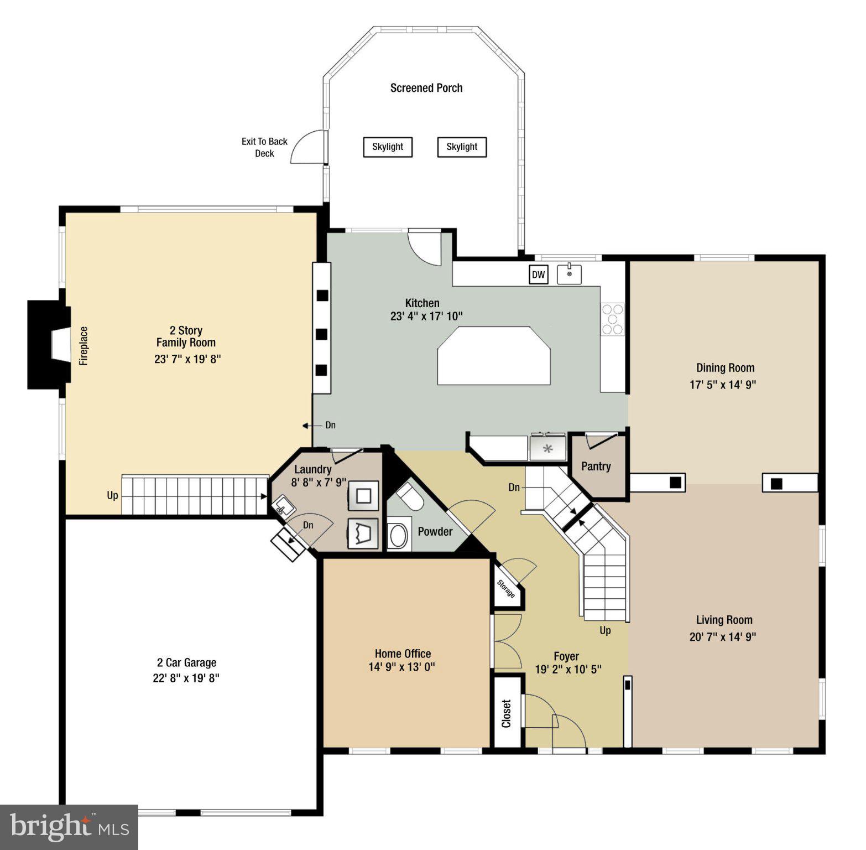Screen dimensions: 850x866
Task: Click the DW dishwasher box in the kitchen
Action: [x=538, y=274]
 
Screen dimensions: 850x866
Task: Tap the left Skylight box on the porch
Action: [x=388, y=147]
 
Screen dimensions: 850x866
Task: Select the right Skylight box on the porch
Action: [x=462, y=147]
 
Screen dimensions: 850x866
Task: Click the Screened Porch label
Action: [x=426, y=88]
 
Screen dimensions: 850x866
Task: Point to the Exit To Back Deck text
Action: [x=264, y=147]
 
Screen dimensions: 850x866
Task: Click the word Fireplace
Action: [x=84, y=346]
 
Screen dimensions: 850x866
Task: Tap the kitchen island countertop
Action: [x=494, y=356]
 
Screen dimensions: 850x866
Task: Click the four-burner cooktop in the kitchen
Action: [x=612, y=319]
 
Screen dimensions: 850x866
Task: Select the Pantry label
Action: [x=596, y=467]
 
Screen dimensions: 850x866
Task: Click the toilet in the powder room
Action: [x=410, y=496]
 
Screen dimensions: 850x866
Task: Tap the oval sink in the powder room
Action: [x=399, y=535]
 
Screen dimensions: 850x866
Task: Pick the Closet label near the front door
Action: [x=507, y=714]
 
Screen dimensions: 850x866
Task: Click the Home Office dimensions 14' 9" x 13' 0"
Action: [x=401, y=667]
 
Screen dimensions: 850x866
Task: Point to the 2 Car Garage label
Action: [x=186, y=662]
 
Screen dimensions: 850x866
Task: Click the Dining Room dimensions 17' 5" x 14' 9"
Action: [x=722, y=385]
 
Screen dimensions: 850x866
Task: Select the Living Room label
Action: [x=724, y=620]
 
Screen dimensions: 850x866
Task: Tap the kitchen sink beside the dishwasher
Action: [x=569, y=274]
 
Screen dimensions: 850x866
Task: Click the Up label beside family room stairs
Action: [x=112, y=495]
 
